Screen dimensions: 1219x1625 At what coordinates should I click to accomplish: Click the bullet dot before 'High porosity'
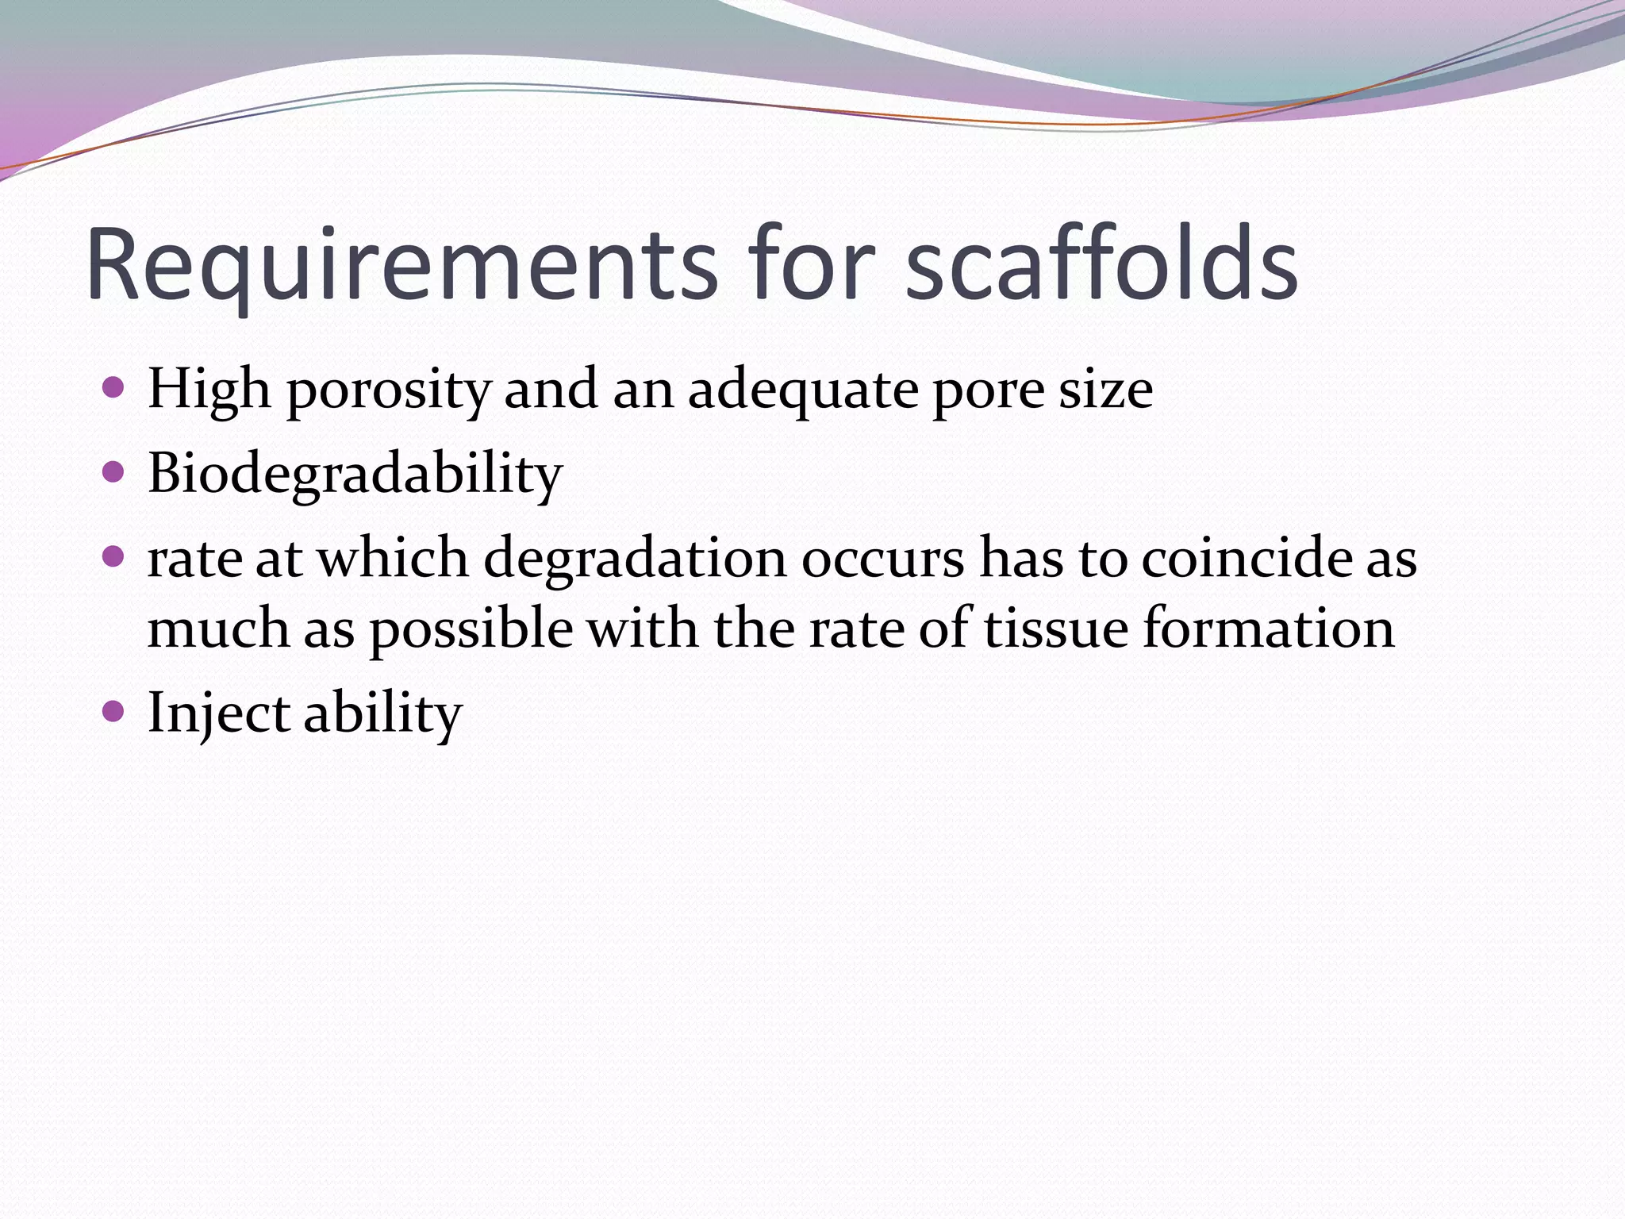pos(114,388)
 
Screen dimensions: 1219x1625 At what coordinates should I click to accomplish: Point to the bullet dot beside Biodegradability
pos(114,473)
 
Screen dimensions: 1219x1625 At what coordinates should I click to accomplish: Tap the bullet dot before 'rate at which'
pos(114,557)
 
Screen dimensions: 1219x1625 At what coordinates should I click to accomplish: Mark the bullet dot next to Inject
pos(114,711)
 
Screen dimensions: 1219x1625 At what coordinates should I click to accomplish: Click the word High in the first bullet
pos(209,390)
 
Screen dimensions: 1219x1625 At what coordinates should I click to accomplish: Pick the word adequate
pos(801,390)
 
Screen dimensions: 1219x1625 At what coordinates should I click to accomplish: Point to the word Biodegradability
pos(355,475)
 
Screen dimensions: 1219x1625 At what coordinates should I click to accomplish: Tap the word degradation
pos(634,559)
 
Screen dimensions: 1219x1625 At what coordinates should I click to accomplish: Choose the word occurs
pos(882,559)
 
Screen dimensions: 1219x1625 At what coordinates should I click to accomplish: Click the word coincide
pos(1245,557)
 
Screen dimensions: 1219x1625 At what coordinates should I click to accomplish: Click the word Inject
pos(219,713)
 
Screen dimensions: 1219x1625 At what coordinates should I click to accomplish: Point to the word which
pos(393,557)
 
